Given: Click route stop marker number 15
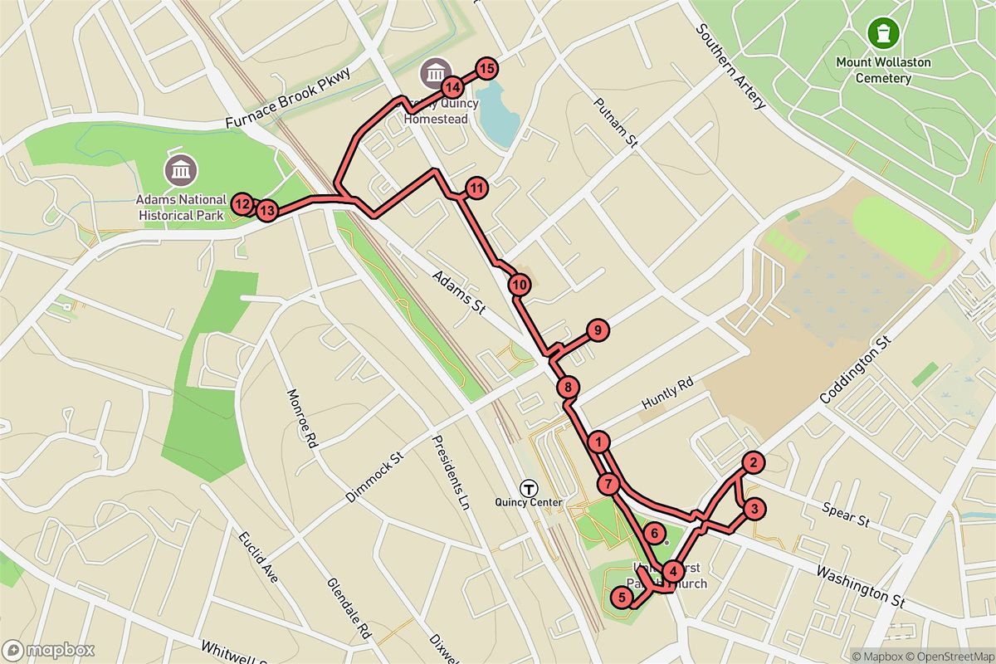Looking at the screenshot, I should click(486, 69).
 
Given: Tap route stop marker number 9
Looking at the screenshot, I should click(598, 330).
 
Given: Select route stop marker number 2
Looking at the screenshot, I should click(752, 463).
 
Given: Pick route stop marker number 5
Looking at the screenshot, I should click(622, 597).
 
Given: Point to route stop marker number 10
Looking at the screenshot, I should click(520, 285).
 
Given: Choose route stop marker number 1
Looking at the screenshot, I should click(599, 441).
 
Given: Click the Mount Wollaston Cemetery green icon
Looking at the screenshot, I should click(883, 33).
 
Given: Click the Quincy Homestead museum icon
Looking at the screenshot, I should click(434, 73).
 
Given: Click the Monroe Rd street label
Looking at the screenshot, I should click(303, 419).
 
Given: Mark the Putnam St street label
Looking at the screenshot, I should click(615, 123).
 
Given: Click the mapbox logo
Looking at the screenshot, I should click(48, 650).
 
